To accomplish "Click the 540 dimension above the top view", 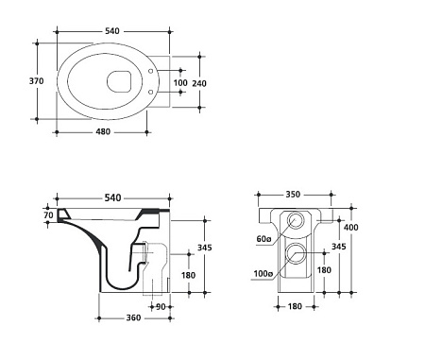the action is click(112, 31).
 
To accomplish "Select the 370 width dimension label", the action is click(37, 81).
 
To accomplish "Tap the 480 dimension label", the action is click(103, 131).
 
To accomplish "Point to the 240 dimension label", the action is click(199, 83).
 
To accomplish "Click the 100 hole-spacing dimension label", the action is click(180, 83).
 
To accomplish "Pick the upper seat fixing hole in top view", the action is click(151, 71).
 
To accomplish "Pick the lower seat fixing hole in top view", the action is click(151, 92).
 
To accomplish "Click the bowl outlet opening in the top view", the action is click(119, 81).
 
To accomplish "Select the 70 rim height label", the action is click(48, 215).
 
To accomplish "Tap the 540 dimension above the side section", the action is click(112, 197).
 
